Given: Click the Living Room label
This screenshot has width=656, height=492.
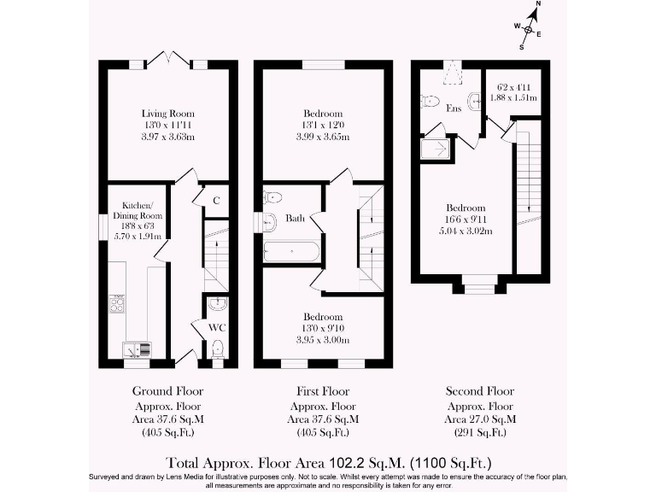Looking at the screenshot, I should coord(168,114).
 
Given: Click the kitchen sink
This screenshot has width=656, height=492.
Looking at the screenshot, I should coord(136,348).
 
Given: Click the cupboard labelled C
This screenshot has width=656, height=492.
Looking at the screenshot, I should coord(217,201).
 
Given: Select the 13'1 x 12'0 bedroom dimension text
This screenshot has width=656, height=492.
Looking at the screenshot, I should coord(323,126).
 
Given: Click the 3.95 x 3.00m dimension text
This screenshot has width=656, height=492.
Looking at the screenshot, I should coord(323,340).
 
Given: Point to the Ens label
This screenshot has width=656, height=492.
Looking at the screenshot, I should coord(454,108).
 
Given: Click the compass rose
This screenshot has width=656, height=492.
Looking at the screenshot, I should coord(528,30).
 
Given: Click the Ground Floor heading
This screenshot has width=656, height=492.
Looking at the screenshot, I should coord(168,390).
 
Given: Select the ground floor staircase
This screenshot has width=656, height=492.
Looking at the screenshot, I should coord(216,256).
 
